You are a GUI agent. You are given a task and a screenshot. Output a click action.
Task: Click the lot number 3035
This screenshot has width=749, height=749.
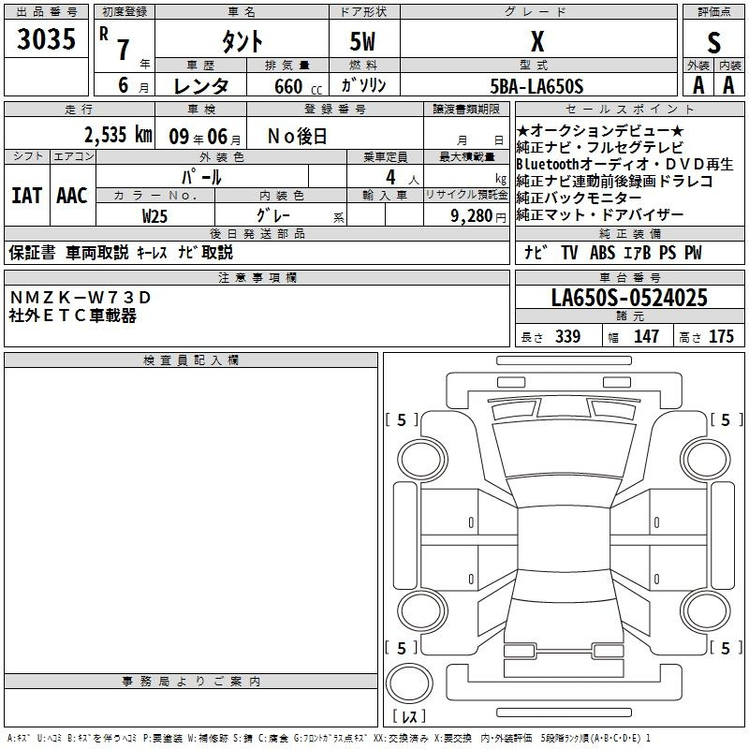point(46,39)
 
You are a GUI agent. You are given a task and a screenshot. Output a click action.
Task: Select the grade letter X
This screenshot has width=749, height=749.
point(537,41)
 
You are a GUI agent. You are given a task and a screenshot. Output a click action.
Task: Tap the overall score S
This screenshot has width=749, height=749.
point(713,42)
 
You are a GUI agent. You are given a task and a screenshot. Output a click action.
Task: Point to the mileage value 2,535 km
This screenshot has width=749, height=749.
point(118,135)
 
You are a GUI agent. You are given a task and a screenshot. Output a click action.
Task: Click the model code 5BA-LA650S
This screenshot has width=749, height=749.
point(536,86)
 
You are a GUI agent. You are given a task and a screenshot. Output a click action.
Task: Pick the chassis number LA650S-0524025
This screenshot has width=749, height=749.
point(629,298)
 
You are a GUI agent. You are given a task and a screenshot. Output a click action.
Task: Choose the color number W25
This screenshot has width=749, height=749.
point(154,216)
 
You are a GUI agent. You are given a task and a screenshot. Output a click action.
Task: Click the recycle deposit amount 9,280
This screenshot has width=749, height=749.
point(472,216)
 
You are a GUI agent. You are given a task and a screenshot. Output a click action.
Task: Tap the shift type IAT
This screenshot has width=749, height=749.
point(27,196)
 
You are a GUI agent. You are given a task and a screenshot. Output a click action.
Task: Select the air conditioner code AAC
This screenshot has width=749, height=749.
point(72,196)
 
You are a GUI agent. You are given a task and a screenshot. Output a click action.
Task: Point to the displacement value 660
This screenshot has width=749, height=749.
point(288,86)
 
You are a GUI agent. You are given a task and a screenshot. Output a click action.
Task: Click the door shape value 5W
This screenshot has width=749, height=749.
point(362,41)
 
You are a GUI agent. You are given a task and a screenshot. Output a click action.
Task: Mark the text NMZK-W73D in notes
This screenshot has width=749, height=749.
point(81,298)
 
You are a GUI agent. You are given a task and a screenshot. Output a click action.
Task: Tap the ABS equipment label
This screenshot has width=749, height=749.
point(602,253)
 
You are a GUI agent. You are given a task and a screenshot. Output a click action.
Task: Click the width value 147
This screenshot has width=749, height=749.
point(646,336)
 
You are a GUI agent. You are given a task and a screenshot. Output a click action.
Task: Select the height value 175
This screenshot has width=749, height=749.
point(721,336)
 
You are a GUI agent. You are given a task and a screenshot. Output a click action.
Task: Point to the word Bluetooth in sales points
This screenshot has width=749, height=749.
point(548,164)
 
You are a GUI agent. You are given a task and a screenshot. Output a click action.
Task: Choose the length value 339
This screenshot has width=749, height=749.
point(568,336)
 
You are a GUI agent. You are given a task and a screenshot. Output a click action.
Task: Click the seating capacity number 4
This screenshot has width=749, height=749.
point(390,178)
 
